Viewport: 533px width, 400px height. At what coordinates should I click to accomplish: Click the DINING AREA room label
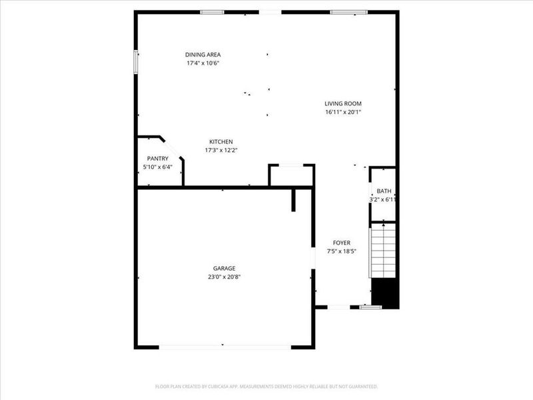[203, 55]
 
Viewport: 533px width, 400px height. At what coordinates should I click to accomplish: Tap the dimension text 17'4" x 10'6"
[203, 63]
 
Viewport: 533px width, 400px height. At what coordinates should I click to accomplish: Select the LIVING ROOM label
[343, 103]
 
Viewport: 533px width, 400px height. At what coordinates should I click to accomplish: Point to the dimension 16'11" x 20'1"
[343, 112]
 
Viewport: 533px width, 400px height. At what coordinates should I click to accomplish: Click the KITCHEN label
[221, 141]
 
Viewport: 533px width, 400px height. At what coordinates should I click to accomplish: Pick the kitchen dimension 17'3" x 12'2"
[221, 150]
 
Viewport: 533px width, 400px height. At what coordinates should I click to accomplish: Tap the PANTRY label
[157, 158]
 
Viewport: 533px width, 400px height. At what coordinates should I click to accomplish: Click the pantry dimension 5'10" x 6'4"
[157, 167]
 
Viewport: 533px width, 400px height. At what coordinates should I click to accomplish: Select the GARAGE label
[224, 268]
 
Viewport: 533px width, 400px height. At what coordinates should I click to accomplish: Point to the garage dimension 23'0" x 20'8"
[224, 277]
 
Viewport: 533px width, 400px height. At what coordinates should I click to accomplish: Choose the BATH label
[384, 191]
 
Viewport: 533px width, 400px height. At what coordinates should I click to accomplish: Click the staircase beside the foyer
[383, 251]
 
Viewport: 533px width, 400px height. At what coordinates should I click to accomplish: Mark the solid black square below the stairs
[385, 294]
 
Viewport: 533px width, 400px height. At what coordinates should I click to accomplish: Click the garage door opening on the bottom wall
[225, 347]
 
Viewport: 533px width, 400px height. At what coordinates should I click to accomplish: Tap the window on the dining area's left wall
[136, 62]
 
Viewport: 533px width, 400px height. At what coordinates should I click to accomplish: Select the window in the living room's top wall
[349, 12]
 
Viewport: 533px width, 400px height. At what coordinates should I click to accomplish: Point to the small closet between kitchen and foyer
[291, 175]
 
